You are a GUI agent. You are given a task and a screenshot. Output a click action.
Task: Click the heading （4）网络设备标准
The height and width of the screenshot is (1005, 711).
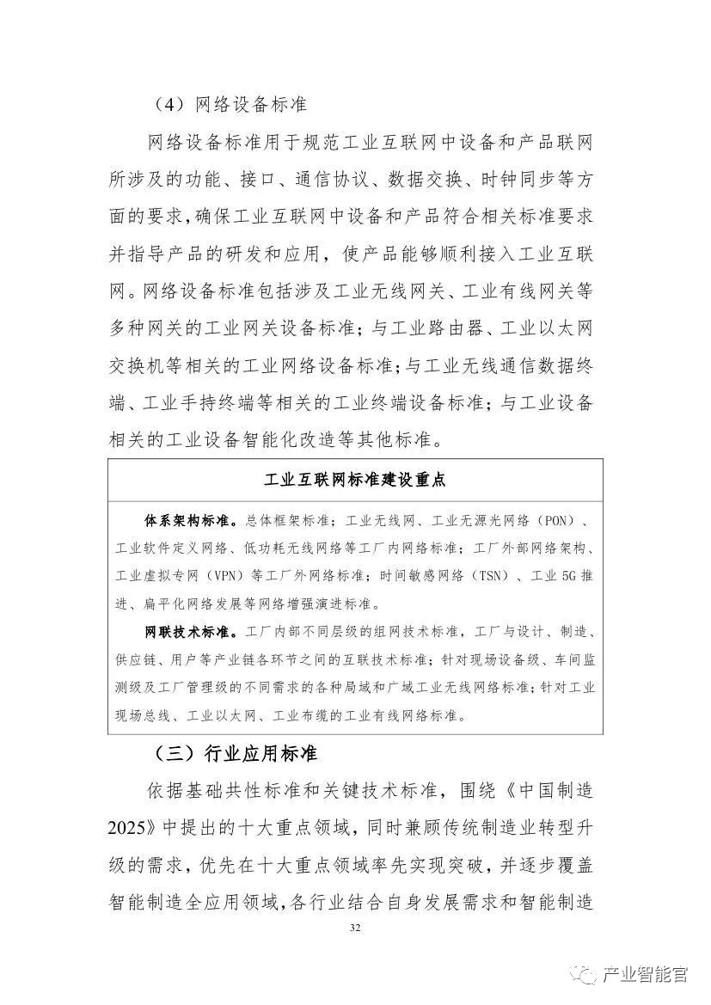click(229, 105)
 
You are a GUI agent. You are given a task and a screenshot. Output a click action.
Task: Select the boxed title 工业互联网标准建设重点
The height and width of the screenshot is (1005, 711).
click(354, 479)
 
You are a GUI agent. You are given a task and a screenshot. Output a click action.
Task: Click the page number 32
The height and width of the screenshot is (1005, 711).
click(355, 928)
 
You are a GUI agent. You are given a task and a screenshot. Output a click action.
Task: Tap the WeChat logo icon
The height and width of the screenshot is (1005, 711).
click(586, 975)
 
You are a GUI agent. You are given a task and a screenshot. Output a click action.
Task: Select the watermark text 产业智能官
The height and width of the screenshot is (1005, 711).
click(645, 975)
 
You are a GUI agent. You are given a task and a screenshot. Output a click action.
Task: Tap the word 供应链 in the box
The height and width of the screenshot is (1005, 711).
click(136, 660)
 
